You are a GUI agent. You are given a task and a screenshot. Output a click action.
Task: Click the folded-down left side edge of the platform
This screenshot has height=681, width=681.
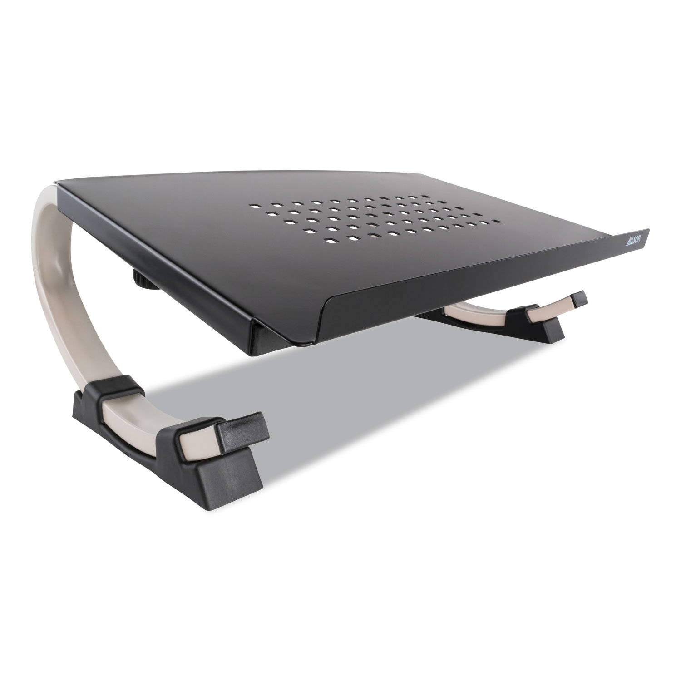tap(150, 254)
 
